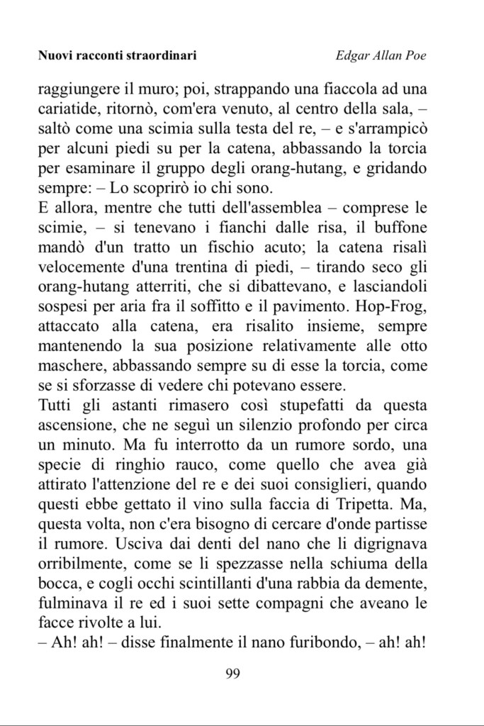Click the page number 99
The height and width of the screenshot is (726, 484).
[232, 673]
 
